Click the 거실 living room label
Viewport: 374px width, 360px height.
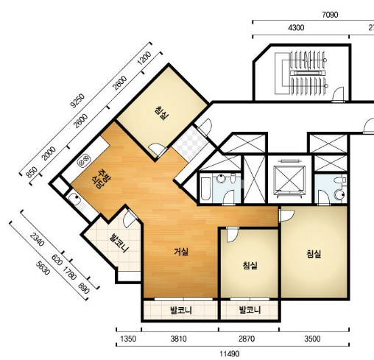(x=181, y=252)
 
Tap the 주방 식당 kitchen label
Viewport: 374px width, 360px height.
(x=101, y=178)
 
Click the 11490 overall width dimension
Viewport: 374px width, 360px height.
(x=229, y=354)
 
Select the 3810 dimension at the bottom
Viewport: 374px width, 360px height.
(x=179, y=339)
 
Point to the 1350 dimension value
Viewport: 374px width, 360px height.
(x=128, y=339)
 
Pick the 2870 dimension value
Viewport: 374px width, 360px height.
(x=247, y=339)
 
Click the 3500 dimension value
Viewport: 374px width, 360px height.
(x=312, y=339)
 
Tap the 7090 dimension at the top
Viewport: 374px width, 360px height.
(x=330, y=15)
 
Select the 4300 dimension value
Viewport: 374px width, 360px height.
(x=296, y=27)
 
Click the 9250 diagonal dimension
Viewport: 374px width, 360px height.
(x=77, y=100)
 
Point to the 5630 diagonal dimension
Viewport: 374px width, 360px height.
(x=43, y=268)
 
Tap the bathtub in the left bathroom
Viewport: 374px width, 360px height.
(x=205, y=188)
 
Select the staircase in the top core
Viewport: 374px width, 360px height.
(x=308, y=73)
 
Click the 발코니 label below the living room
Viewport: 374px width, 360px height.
(x=181, y=311)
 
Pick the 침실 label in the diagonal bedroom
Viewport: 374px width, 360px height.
(x=162, y=113)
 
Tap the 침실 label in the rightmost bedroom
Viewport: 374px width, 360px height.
(x=314, y=254)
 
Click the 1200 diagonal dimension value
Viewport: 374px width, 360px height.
(x=144, y=58)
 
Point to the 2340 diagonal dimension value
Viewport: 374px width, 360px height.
(x=38, y=239)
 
